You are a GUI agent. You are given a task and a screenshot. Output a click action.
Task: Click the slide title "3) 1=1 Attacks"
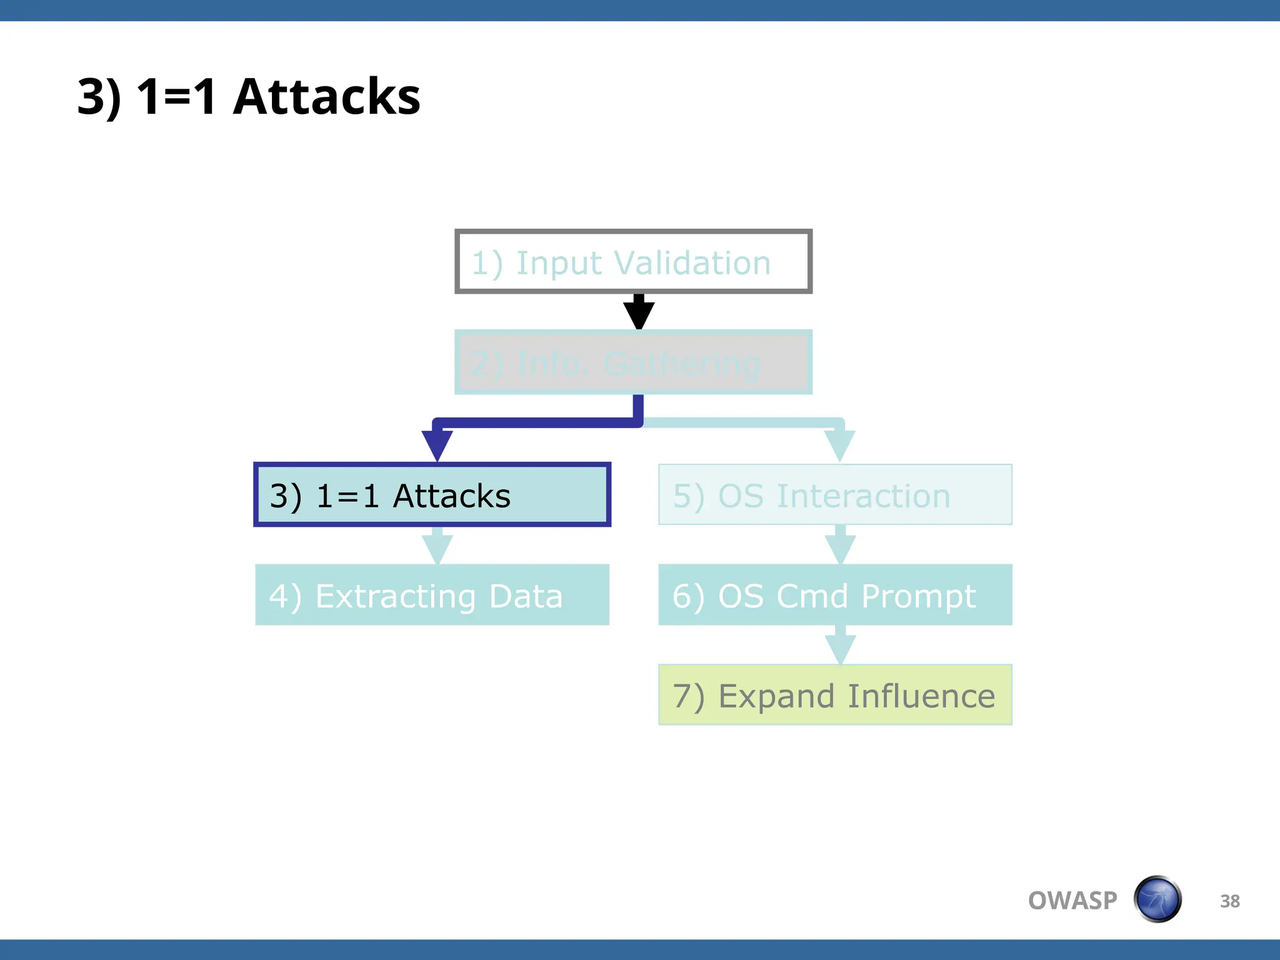coord(249,97)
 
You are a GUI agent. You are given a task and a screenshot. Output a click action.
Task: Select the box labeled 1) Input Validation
coord(633,262)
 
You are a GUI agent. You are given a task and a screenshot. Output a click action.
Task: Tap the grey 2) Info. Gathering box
coord(633,362)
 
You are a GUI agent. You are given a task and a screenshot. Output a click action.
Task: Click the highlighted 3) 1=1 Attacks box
coord(432,495)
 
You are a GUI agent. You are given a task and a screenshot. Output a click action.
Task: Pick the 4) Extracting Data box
coord(432,595)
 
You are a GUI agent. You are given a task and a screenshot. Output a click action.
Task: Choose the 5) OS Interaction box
coord(835,495)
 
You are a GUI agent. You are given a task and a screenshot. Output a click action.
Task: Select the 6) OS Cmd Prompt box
coord(835,595)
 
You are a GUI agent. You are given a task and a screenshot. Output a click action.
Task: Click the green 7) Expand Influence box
coord(835,695)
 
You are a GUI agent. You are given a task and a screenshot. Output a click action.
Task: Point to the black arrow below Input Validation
coord(639,312)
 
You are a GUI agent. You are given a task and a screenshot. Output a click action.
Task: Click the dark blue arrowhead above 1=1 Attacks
coord(437,444)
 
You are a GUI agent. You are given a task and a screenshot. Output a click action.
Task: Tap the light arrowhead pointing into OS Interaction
coord(839,444)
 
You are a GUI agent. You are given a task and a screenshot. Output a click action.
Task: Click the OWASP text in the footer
coord(1072,901)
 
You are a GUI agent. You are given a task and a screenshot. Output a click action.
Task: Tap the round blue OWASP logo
coord(1157,899)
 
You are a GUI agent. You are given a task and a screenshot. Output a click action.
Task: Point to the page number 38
coord(1229,901)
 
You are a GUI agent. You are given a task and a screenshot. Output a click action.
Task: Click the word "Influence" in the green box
coord(921,696)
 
